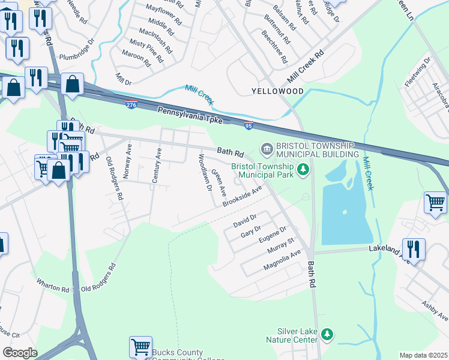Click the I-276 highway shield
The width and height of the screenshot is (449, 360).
(131, 104)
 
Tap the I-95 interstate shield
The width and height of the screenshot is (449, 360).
(249, 125)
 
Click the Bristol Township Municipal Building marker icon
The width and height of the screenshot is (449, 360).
(266, 148)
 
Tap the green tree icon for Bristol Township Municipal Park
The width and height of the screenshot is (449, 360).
(303, 170)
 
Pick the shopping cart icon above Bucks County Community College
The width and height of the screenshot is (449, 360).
(140, 346)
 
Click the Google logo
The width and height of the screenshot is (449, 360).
(19, 353)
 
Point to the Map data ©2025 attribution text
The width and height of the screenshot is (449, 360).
(423, 355)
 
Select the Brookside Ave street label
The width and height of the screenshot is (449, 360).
(243, 196)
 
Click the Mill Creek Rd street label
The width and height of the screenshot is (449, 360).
(305, 66)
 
